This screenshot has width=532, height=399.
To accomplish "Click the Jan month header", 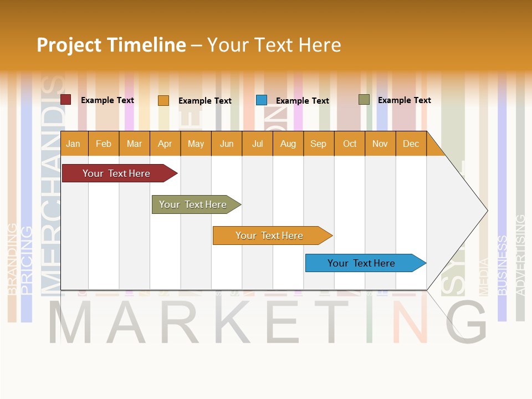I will click(73, 144).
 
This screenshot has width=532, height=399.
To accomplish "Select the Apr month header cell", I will click(165, 144).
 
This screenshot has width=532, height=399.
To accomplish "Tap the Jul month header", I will click(257, 144).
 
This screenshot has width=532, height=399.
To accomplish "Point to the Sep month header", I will click(318, 144).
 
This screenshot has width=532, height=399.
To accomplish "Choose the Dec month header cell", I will click(411, 144).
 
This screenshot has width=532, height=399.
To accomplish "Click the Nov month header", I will click(380, 144).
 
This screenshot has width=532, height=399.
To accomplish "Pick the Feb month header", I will click(104, 144).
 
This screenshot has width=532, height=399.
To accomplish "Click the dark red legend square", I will click(65, 100).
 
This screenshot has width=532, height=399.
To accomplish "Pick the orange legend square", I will click(163, 100).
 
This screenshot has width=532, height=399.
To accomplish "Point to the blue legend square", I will click(261, 100).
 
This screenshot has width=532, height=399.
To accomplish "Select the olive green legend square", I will click(364, 100).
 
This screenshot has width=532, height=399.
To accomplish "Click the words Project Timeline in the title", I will click(111, 45).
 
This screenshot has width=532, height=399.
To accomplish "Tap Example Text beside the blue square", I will click(302, 101).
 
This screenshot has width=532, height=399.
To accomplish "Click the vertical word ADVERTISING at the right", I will click(520, 255).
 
